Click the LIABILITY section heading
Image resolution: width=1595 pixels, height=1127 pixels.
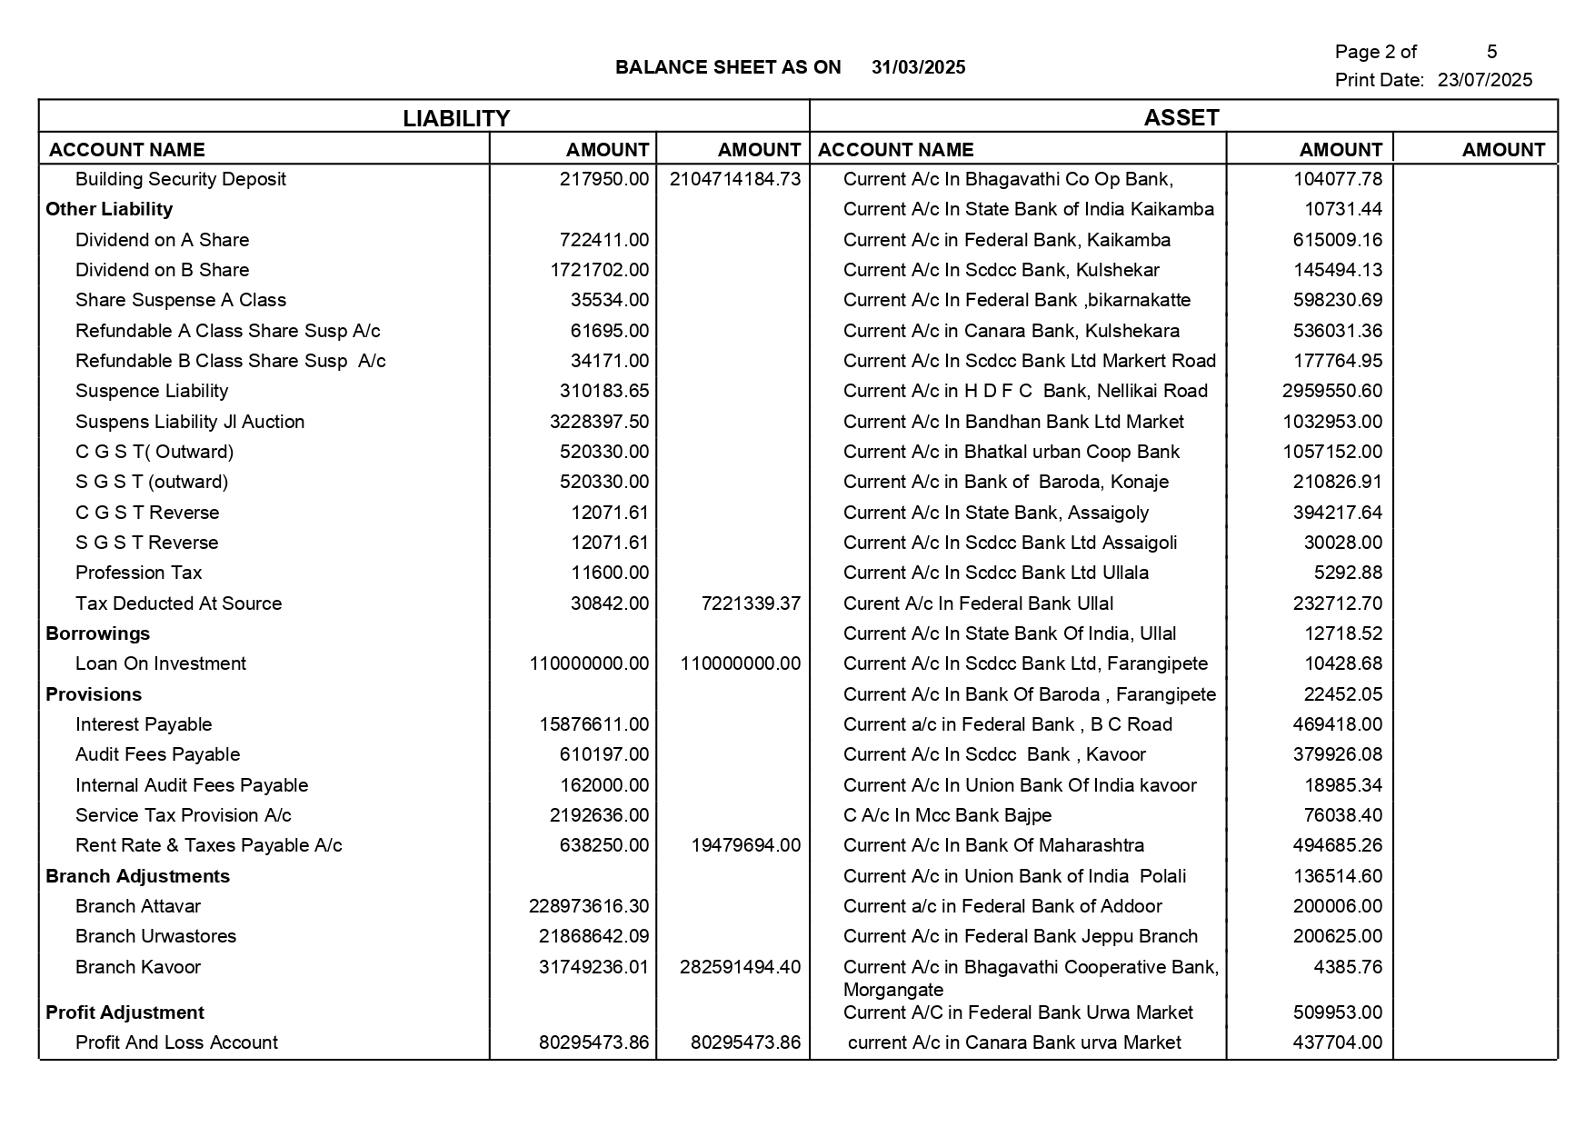tap(456, 118)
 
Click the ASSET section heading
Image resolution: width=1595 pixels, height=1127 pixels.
tap(1181, 117)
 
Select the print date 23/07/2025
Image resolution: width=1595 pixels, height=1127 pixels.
tap(1484, 80)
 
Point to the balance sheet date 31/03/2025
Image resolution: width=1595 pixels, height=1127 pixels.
tap(918, 67)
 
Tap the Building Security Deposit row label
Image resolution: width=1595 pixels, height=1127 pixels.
tap(180, 179)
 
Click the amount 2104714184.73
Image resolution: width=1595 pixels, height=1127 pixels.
tap(734, 179)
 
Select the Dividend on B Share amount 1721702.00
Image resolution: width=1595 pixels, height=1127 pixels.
tap(599, 270)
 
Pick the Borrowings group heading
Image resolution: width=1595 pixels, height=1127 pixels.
tap(97, 633)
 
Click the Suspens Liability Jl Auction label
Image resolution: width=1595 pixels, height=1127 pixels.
tap(189, 422)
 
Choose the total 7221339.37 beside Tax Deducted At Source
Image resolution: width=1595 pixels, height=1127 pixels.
tap(751, 603)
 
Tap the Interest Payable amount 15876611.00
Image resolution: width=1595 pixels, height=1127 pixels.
tap(593, 724)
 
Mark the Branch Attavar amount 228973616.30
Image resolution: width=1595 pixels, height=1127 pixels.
tap(588, 906)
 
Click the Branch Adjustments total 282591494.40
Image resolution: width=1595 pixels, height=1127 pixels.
tap(740, 967)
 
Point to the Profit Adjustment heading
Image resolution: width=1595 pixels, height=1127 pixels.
tap(125, 1012)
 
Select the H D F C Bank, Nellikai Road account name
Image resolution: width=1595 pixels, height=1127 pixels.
tap(1025, 391)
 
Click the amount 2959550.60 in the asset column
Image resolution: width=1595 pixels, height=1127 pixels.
tap(1331, 391)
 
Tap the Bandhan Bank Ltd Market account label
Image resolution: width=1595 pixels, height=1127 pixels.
tap(1013, 422)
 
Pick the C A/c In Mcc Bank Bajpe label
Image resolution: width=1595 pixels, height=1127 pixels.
tap(947, 815)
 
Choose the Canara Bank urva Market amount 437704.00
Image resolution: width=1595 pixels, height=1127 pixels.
tap(1337, 1042)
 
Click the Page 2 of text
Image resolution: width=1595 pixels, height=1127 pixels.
tap(1375, 52)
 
